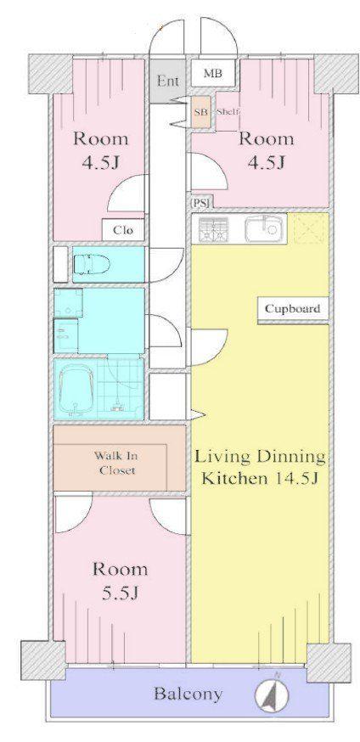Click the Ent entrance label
click(168, 81)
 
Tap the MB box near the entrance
click(213, 73)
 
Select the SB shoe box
click(200, 113)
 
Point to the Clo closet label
click(123, 230)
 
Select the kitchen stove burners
click(214, 229)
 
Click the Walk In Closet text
click(115, 464)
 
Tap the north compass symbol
click(272, 695)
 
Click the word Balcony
click(188, 694)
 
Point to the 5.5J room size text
click(120, 592)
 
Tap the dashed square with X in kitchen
click(311, 228)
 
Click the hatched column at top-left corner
click(51, 74)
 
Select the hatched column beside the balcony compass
click(329, 662)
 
